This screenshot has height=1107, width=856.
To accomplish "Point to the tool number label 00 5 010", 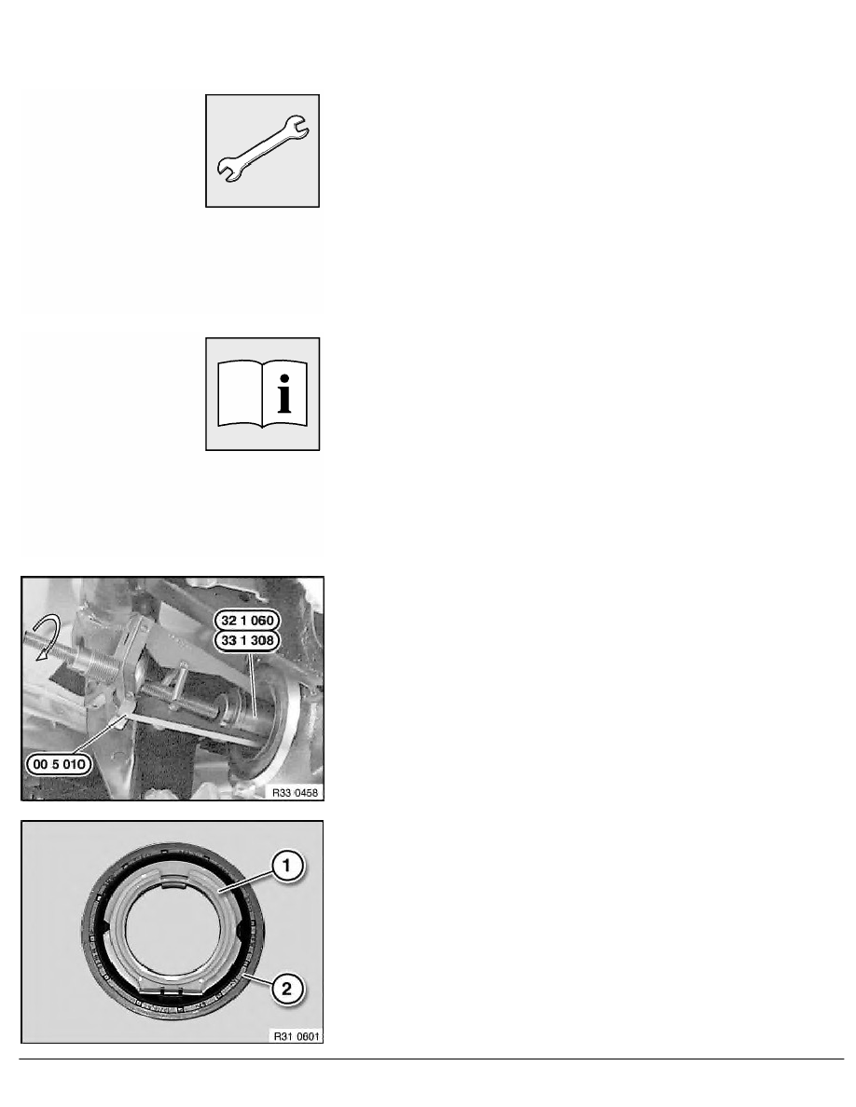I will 62,766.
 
